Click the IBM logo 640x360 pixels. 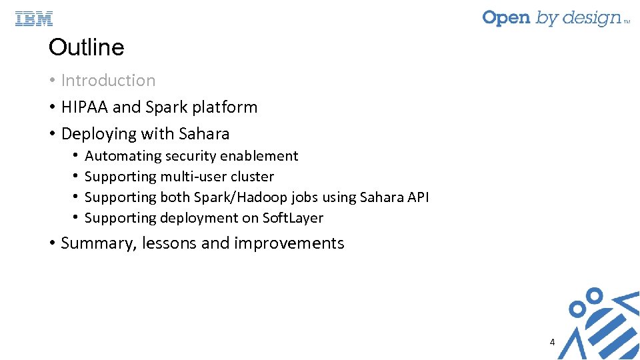34,19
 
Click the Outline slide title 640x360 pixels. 86,47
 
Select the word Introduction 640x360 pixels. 108,81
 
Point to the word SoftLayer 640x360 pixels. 293,218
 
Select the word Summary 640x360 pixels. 98,243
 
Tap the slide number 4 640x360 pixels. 552,342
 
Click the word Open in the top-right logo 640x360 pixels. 506,18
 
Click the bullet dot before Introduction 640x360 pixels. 51,81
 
